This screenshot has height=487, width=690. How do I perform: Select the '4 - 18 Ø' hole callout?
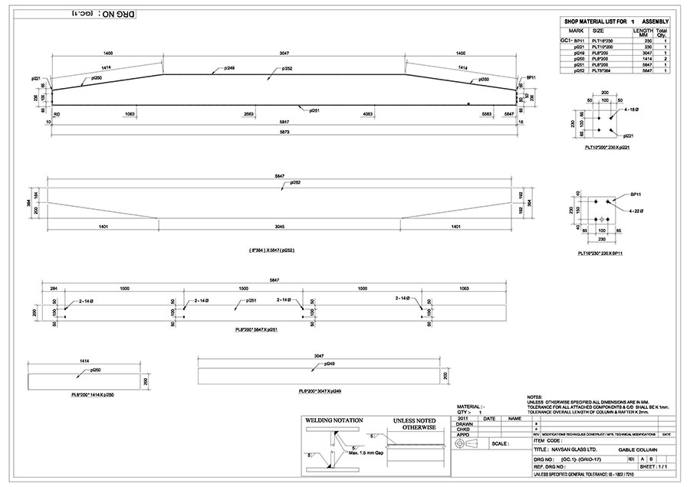click(633, 110)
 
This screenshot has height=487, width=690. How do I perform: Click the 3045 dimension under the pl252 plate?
click(281, 227)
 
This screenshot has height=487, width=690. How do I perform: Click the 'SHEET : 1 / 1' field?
click(659, 466)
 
